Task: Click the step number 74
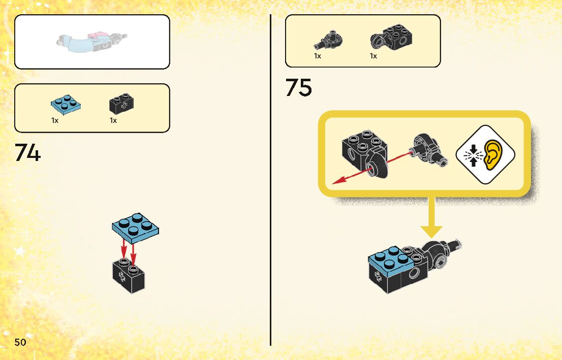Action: tap(27, 152)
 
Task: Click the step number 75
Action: tap(298, 88)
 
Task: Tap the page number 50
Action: tap(20, 342)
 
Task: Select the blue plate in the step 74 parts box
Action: tap(66, 104)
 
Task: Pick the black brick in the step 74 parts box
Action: tap(122, 104)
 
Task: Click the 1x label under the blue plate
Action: tap(55, 121)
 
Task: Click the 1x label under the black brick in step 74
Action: tap(113, 121)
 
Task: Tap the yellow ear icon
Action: tap(492, 154)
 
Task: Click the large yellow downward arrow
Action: tap(431, 218)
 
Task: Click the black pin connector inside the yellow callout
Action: tap(428, 150)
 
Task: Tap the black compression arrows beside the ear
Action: tap(473, 154)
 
